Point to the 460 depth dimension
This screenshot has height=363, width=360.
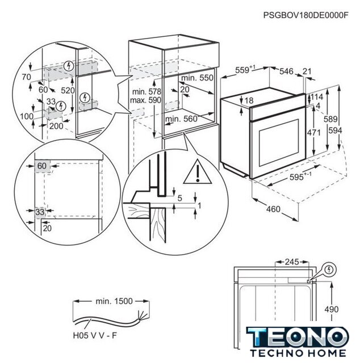click(x=273, y=209)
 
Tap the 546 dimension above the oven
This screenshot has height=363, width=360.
click(x=286, y=71)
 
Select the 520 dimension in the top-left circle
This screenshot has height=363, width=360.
click(x=69, y=90)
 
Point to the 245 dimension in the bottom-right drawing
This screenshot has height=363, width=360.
click(x=291, y=263)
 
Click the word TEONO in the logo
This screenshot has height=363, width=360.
click(x=298, y=335)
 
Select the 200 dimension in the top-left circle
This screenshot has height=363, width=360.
click(x=56, y=126)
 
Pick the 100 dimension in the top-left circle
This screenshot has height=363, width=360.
click(x=25, y=116)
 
